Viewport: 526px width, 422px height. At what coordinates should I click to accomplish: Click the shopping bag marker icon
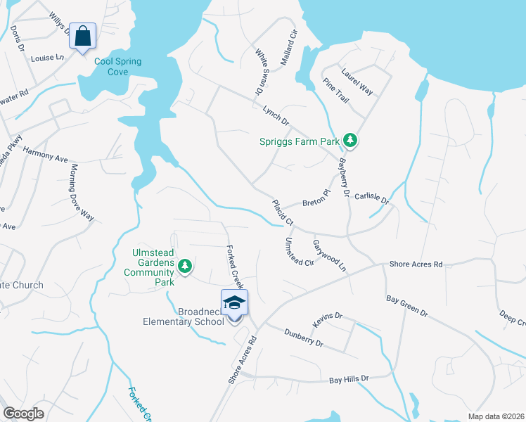pos(82,36)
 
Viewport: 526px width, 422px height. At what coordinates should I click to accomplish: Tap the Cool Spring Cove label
pos(118,67)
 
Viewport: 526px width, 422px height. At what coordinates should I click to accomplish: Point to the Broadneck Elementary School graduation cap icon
pos(234,302)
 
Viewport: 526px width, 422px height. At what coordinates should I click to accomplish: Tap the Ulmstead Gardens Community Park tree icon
pos(185,266)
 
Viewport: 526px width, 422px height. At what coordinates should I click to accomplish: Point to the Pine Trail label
pos(336,91)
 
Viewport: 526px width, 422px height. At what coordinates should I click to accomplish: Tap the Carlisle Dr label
pos(371,199)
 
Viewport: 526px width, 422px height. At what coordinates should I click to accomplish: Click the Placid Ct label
pos(283,212)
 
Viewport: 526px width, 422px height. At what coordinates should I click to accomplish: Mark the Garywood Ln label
pos(329,254)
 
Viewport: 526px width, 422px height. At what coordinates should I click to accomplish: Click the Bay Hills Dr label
pos(349,380)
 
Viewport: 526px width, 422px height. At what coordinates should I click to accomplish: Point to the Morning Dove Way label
pos(82,192)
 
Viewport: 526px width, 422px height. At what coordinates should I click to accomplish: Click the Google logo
pos(23,414)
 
